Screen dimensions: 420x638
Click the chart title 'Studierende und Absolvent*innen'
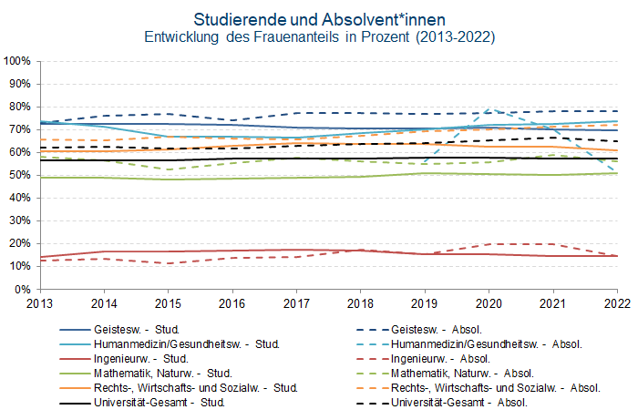pos(318,19)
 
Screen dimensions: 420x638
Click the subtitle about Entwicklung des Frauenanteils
pos(318,38)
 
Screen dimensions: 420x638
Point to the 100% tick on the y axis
pos(18,61)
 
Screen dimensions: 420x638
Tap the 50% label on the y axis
pos(20,175)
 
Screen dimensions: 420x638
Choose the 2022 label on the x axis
pos(617,302)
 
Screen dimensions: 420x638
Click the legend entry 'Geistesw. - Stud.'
pos(136,330)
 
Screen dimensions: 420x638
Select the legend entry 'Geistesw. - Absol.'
pos(442,330)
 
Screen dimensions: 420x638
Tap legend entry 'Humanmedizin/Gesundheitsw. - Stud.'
pos(186,344)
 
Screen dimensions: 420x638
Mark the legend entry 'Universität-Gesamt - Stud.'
pos(159,403)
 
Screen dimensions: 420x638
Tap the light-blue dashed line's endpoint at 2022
pos(618,171)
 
